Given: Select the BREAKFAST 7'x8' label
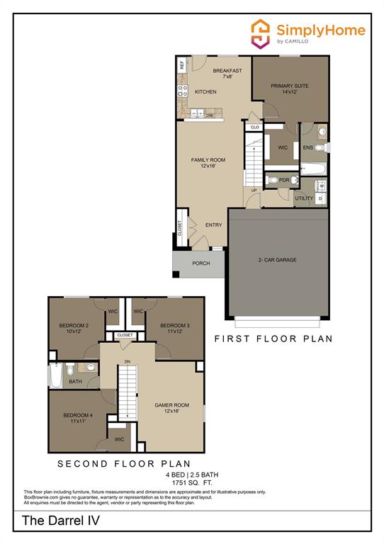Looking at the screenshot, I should point(227,74).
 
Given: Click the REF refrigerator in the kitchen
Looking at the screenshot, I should point(182,64).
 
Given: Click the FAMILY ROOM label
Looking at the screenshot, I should point(208,163).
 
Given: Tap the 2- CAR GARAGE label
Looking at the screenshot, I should point(277,260).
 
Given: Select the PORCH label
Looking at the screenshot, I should point(201,263).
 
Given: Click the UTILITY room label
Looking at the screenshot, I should point(304,198).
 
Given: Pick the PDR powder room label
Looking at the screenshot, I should point(284,181).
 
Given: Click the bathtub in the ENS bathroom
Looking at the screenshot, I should point(312,169).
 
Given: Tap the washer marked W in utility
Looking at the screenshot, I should point(321,186).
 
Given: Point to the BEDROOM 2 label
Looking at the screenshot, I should point(74,328).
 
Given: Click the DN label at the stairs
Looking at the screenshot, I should point(127,362).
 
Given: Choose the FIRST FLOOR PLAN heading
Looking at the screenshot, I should point(273,339).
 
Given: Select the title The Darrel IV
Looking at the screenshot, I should point(52,521).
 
